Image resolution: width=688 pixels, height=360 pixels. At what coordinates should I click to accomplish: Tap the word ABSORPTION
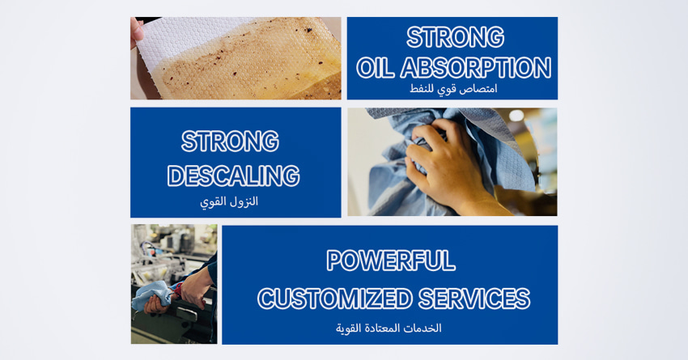[476, 68]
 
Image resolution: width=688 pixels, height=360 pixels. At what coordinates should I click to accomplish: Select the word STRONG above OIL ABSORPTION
[455, 37]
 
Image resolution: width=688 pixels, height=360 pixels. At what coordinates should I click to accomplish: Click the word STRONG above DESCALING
[230, 142]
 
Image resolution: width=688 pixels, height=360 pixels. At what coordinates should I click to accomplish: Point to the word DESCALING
[233, 176]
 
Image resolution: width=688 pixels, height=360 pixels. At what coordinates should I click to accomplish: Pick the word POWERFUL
[390, 260]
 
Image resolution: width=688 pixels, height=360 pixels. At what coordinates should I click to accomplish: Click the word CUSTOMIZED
[335, 299]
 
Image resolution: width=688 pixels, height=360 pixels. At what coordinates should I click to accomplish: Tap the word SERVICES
[474, 299]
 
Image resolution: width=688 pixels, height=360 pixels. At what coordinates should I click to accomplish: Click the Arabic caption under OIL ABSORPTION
[453, 89]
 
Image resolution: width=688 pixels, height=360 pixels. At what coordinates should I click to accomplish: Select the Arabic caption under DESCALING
[229, 202]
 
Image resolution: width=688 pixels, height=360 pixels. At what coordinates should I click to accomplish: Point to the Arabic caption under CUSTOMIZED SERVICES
[389, 328]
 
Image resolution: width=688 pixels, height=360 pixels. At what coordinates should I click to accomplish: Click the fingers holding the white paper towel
[136, 32]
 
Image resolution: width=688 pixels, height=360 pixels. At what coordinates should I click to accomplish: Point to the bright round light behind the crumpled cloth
[516, 116]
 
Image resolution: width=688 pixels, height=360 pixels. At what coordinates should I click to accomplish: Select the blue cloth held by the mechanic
[152, 294]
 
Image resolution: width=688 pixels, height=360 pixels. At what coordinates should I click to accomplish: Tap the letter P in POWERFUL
[335, 260]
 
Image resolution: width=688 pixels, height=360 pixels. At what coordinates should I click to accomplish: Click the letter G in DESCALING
[290, 176]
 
